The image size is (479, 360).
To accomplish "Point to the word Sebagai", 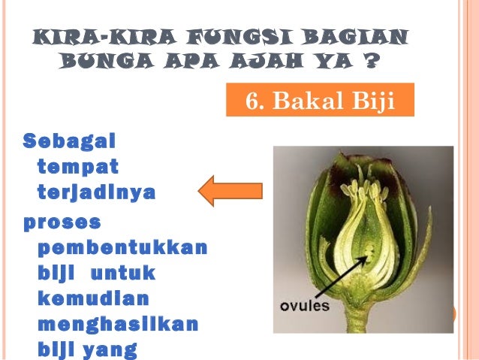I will [72, 141].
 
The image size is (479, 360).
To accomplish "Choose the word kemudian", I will [92, 298].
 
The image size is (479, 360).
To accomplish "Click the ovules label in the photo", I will [303, 307].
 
